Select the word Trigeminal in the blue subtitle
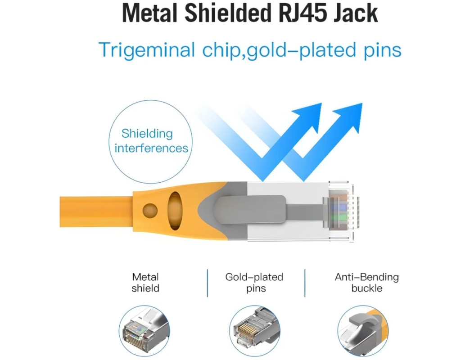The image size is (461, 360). point(146,50)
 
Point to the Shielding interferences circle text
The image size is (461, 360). point(151,141)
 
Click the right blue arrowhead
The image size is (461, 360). point(349,116)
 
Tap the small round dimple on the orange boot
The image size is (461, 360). point(150,211)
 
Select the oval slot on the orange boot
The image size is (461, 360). point(175,211)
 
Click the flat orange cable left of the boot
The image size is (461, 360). point(96,211)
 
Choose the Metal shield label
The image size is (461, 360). point(145,283)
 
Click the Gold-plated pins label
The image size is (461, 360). point(254,283)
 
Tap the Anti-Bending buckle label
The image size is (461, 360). point(366,283)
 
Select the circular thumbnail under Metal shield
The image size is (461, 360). point(145,331)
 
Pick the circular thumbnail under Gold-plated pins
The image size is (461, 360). point(255,331)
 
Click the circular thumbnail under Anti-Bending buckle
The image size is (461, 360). point(363,331)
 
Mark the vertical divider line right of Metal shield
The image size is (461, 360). point(207,283)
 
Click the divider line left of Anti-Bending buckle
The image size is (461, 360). point(305,283)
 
